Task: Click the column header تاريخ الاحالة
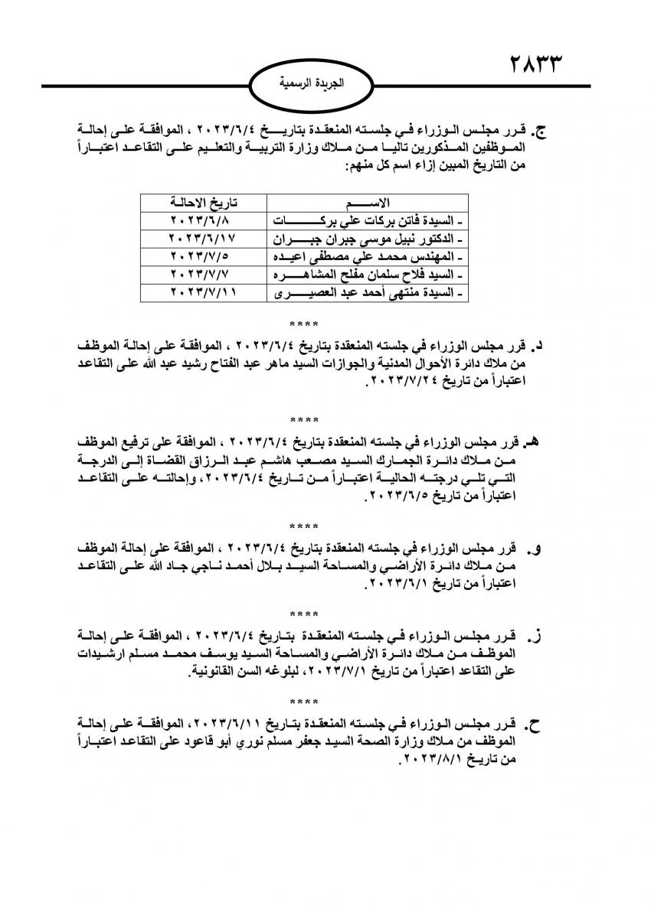[202, 202]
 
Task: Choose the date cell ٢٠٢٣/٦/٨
[202, 220]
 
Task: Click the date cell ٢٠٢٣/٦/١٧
[202, 237]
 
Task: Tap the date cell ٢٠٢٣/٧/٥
[202, 256]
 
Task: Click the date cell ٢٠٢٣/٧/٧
[202, 274]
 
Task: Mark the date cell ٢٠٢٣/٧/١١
[202, 292]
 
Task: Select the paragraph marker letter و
[538, 548]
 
